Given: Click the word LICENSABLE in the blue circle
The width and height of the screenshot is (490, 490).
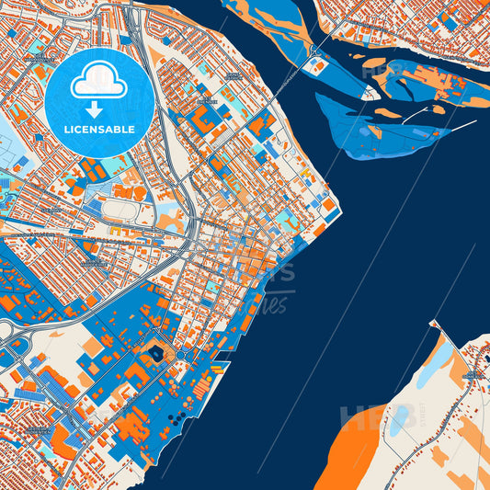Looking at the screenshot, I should point(99,129).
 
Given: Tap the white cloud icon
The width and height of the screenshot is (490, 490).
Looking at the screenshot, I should point(99,81).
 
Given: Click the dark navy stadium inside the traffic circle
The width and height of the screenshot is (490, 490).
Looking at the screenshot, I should point(155,352).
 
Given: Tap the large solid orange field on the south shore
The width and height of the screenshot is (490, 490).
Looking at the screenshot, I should point(353,450).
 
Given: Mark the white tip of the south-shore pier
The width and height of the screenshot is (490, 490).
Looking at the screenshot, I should point(433,324).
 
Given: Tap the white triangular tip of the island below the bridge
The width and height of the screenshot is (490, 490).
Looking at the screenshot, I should point(370,93).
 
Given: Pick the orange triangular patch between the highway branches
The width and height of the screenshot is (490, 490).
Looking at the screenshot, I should point(170,221).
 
